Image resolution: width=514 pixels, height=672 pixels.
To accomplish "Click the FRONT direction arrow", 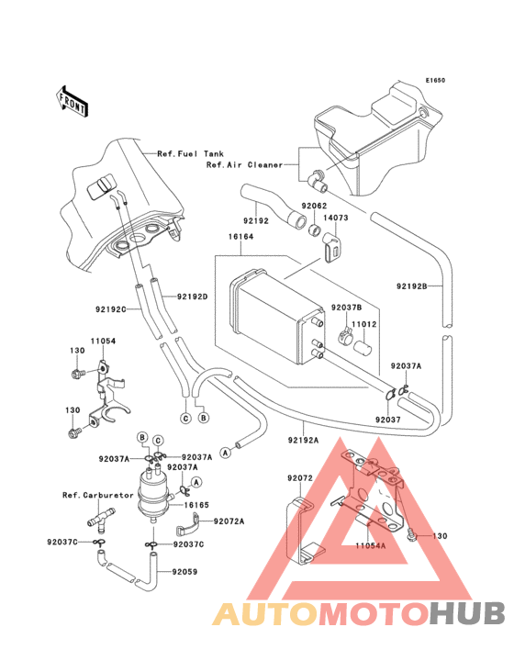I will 73,99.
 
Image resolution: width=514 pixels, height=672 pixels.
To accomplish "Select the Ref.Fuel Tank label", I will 191,153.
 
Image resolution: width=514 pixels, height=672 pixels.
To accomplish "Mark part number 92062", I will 315,207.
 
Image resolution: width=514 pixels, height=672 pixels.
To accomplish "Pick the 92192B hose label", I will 412,286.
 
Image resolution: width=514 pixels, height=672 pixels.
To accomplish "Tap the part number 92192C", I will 111,309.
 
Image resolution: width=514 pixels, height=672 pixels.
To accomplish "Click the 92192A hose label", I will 302,441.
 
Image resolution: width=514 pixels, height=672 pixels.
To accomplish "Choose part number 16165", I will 198,505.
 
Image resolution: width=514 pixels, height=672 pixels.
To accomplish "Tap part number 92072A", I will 229,521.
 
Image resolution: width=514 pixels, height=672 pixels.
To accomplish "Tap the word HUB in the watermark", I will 467,614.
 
